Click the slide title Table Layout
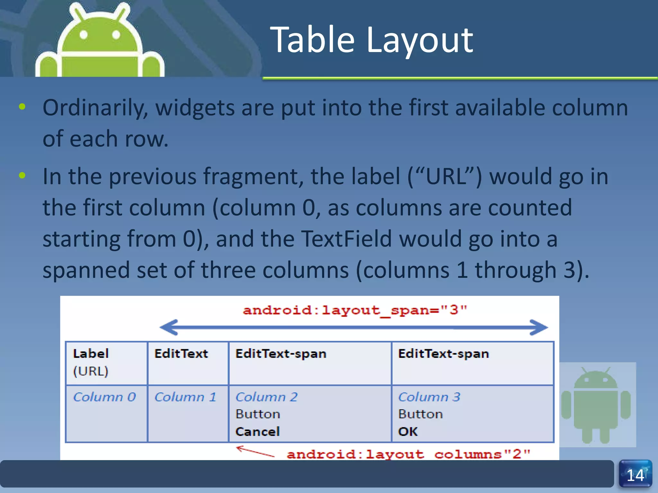(371, 40)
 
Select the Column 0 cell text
(104, 397)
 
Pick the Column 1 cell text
(185, 397)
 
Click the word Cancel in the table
(258, 432)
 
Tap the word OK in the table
(408, 432)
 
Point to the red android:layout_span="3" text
(355, 310)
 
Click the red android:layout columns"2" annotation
(408, 454)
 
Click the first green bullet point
(22, 107)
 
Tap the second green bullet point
(22, 175)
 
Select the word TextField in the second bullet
(346, 239)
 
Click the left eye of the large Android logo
(84, 34)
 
